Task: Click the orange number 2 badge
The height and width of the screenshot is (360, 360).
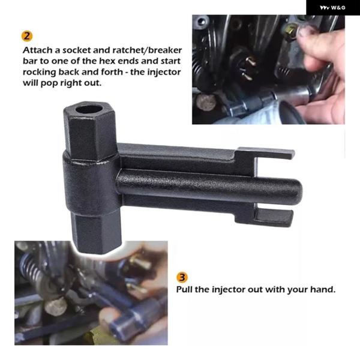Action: coord(27,36)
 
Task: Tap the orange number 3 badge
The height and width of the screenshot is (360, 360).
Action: coord(182,277)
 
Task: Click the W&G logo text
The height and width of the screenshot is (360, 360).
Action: coord(332,8)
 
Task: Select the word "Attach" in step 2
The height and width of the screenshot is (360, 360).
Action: coord(37,50)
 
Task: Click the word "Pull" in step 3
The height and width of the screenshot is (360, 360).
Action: coord(184,289)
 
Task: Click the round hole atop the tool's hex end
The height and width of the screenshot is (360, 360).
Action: coord(89,109)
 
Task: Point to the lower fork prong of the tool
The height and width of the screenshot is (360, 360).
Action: coord(273,217)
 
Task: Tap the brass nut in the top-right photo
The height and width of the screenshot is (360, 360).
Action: coord(290,32)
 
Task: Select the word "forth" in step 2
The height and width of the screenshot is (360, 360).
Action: coord(112,72)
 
